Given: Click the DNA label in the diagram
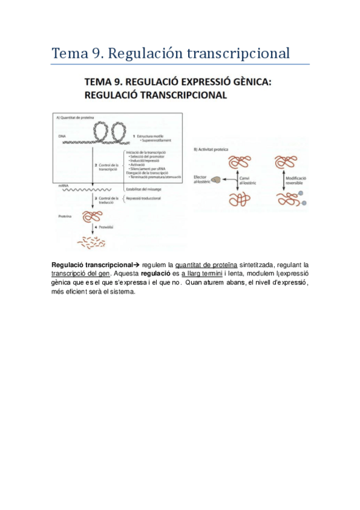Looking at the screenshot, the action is (x=62, y=137).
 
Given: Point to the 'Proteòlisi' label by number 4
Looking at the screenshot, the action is (x=107, y=228).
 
